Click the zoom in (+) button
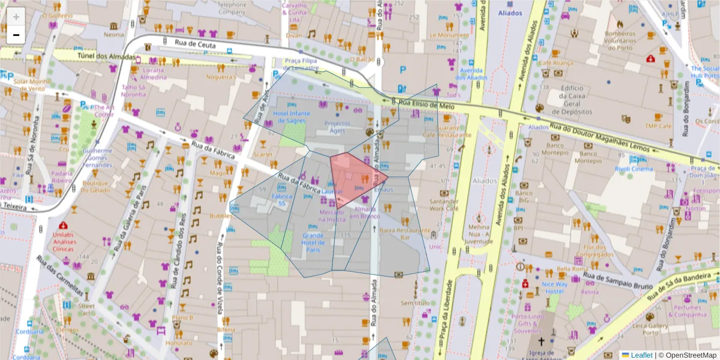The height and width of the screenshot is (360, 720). click(x=16, y=17)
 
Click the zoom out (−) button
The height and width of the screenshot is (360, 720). click(x=16, y=35)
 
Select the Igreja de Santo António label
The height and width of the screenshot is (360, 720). click(x=541, y=356)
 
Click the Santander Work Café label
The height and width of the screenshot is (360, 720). click(x=444, y=205)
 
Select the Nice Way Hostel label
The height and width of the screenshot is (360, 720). click(x=554, y=287)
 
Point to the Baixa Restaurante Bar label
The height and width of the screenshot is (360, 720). click(x=405, y=233)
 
